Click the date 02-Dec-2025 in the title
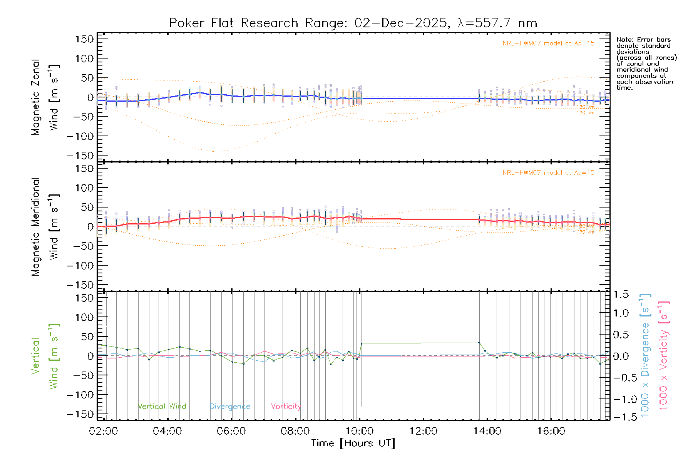400,23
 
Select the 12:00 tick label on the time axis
423,431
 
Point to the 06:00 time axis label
231,431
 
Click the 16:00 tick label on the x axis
551,431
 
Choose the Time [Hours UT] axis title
353,443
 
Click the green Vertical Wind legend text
162,406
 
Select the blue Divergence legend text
230,407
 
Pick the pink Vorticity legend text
286,406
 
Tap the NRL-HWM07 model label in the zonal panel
548,44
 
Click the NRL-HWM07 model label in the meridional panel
548,173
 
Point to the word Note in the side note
625,40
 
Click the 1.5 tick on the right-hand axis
621,295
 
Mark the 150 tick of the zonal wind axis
84,39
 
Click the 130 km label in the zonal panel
585,113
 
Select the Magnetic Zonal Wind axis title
45,97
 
